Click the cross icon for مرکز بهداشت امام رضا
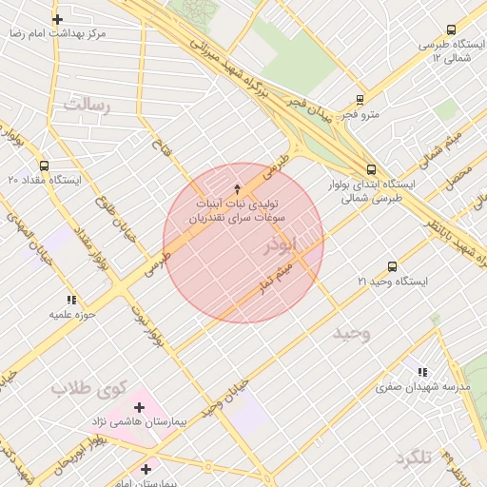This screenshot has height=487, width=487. [x=58, y=19]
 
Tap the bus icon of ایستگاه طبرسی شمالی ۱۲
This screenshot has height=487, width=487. [x=450, y=29]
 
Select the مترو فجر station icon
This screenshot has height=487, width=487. [x=360, y=99]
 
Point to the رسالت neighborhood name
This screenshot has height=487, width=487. [x=87, y=106]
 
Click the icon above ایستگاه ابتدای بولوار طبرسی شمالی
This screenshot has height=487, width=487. [x=370, y=169]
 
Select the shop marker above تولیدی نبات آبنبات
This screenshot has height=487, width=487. [x=237, y=189]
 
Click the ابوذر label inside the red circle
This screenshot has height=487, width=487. [x=281, y=245]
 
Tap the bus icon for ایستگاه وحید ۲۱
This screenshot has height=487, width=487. [x=392, y=267]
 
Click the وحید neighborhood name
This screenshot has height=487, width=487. [x=351, y=333]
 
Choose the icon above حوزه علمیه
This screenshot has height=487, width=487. [x=71, y=300]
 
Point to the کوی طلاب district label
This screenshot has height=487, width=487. [x=88, y=388]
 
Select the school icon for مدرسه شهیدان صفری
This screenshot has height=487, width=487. [x=421, y=372]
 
